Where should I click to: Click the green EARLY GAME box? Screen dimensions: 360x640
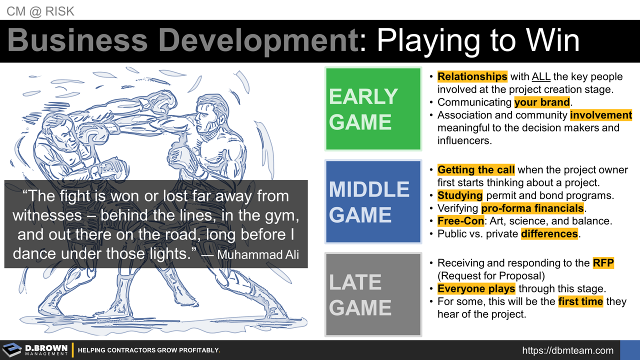[x=373, y=108]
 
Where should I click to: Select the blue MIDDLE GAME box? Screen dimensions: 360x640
[x=373, y=201]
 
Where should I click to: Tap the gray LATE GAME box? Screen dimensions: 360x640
[x=373, y=294]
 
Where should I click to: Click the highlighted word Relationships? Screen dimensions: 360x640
[x=472, y=76]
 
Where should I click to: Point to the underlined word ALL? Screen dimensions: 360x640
[x=541, y=76]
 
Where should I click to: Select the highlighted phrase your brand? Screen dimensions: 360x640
[x=542, y=102]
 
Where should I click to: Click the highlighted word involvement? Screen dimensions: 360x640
[x=601, y=115]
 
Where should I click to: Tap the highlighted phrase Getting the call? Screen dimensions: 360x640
[x=475, y=169]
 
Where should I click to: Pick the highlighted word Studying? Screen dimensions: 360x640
[x=460, y=195]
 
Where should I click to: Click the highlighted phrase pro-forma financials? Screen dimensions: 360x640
[x=532, y=208]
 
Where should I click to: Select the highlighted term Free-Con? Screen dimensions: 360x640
[x=460, y=220]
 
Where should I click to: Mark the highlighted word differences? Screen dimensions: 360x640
[x=549, y=233]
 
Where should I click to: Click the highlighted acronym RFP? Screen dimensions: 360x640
[x=603, y=263]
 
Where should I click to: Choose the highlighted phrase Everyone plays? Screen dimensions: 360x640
[x=476, y=288]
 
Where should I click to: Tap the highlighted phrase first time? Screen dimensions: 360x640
[x=580, y=301]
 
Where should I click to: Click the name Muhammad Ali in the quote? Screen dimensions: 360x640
[x=258, y=254]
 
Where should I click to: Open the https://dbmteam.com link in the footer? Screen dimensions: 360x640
[x=567, y=350]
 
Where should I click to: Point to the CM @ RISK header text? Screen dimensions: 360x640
[x=40, y=11]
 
